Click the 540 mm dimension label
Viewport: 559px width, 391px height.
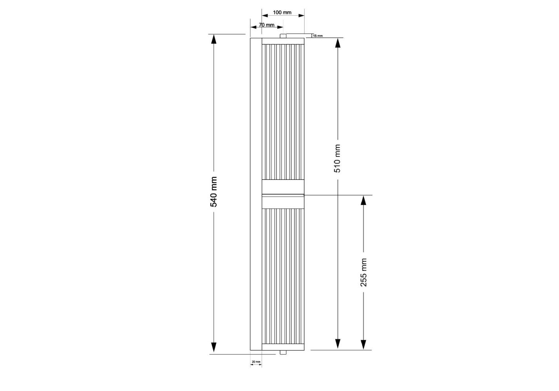click(x=214, y=192)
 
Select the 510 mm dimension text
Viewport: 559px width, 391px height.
click(x=337, y=158)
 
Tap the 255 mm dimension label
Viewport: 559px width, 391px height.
click(x=363, y=273)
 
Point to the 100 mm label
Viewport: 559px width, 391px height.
click(x=282, y=12)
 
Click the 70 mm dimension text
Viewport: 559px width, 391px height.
click(x=266, y=25)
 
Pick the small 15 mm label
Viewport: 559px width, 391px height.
click(x=318, y=36)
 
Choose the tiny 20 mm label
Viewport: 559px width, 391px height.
click(x=256, y=362)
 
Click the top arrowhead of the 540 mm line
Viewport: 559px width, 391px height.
click(x=214, y=39)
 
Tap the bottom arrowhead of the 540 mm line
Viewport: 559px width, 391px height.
click(x=214, y=347)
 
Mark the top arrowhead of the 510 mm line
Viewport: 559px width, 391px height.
click(x=338, y=43)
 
